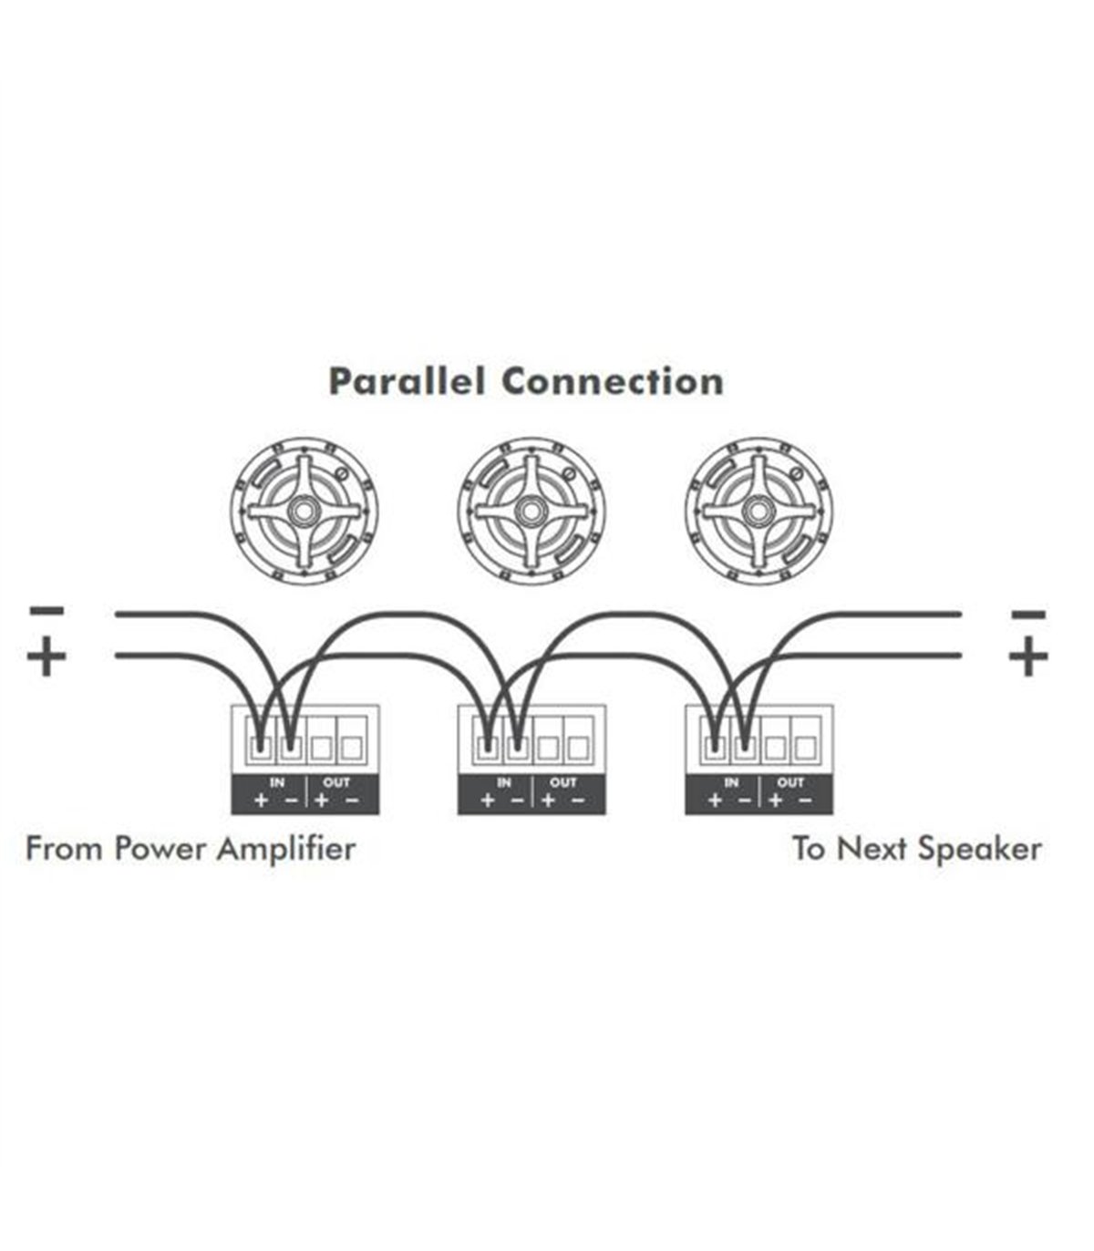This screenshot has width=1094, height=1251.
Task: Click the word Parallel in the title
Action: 407,381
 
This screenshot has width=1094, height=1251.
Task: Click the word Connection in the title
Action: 613,381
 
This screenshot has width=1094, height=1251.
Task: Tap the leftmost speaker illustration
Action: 304,512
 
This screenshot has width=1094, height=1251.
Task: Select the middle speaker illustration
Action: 532,512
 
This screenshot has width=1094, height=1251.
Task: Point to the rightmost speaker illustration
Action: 759,512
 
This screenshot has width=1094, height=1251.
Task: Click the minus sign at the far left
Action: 46,610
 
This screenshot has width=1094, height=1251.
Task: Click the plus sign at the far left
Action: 46,657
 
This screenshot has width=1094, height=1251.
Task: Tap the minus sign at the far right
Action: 1028,614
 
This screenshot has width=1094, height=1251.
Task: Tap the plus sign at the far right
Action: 1028,657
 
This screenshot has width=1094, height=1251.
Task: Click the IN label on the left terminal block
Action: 277,782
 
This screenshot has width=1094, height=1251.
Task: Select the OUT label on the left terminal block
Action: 336,782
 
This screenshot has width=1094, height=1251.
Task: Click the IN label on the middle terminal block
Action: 503,782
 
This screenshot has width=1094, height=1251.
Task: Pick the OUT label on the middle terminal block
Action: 562,782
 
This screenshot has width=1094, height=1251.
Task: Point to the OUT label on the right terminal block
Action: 790,782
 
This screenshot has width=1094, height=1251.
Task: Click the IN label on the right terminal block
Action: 731,782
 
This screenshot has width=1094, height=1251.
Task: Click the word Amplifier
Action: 286,850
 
